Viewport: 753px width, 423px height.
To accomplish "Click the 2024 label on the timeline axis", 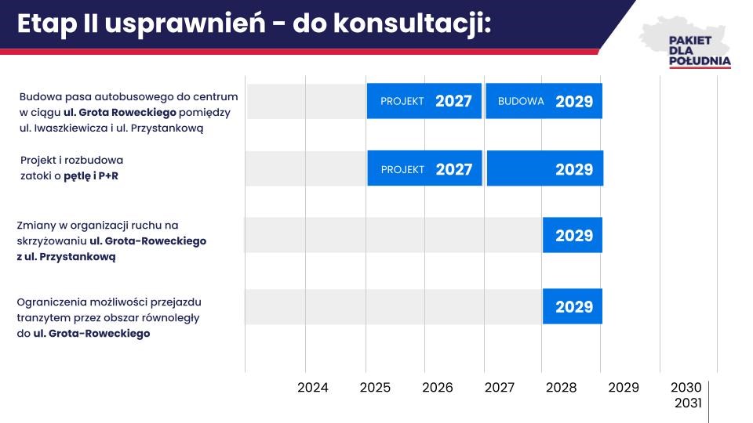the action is pyautogui.click(x=313, y=388).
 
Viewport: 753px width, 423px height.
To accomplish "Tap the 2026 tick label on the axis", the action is pyautogui.click(x=438, y=388).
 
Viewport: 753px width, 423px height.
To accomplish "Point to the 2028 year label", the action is pyautogui.click(x=561, y=388).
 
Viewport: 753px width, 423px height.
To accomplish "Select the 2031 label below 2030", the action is pyautogui.click(x=688, y=403).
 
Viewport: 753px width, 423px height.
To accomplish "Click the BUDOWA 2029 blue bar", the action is pyautogui.click(x=544, y=101).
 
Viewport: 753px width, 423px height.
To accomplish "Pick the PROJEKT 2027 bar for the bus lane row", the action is pyautogui.click(x=424, y=101).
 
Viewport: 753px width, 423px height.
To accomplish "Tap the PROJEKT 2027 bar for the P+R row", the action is pyautogui.click(x=424, y=168).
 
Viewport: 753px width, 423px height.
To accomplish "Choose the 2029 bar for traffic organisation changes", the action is pyautogui.click(x=573, y=235).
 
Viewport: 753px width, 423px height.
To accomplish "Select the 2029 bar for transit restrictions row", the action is pyautogui.click(x=573, y=306).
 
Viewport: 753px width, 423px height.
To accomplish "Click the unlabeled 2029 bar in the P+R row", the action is pyautogui.click(x=545, y=168).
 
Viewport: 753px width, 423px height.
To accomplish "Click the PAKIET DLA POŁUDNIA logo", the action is pyautogui.click(x=686, y=43).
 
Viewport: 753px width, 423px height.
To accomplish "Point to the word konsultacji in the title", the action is pyautogui.click(x=412, y=24).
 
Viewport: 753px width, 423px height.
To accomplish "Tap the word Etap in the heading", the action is pyautogui.click(x=46, y=25).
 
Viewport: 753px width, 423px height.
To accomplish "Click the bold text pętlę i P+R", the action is pyautogui.click(x=91, y=176).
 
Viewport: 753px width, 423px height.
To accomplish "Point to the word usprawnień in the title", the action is pyautogui.click(x=185, y=25).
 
